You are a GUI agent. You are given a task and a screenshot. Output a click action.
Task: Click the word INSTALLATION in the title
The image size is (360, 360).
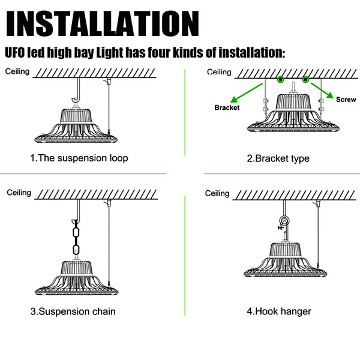pyautogui.click(x=102, y=23)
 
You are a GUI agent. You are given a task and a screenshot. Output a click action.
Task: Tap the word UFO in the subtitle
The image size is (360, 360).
pyautogui.click(x=15, y=52)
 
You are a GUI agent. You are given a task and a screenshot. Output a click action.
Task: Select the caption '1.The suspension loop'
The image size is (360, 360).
pyautogui.click(x=79, y=158)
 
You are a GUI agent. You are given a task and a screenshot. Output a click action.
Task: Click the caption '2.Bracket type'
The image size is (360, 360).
pyautogui.click(x=278, y=158)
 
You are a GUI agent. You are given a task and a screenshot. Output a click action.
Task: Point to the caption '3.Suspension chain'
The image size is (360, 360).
pyautogui.click(x=73, y=311)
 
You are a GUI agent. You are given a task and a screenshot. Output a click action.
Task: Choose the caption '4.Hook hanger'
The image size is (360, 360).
pyautogui.click(x=279, y=311)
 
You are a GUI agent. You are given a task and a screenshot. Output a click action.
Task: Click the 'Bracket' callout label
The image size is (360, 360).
pyautogui.click(x=227, y=107)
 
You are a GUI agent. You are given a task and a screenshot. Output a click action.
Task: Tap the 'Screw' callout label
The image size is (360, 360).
pyautogui.click(x=346, y=100)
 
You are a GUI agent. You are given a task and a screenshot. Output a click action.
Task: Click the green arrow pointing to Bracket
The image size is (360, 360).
pyautogui.click(x=246, y=93)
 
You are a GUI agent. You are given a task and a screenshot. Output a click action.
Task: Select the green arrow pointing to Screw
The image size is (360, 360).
pyautogui.click(x=322, y=91)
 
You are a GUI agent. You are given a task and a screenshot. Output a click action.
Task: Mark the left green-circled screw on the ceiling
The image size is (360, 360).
pyautogui.click(x=281, y=79)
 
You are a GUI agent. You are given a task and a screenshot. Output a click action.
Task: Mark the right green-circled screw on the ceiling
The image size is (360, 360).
pyautogui.click(x=305, y=79)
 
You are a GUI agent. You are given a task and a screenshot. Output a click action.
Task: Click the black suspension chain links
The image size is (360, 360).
pyautogui.click(x=76, y=238)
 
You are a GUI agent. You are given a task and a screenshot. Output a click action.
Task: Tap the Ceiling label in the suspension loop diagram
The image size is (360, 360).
pyautogui.click(x=17, y=71)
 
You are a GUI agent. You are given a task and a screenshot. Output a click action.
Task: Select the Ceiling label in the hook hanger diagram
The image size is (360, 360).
pyautogui.click(x=217, y=193)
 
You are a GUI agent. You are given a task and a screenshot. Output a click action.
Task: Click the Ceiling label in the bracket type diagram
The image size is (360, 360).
pyautogui.click(x=219, y=72)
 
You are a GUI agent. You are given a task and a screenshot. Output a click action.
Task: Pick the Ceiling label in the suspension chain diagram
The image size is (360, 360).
pyautogui.click(x=19, y=193)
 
